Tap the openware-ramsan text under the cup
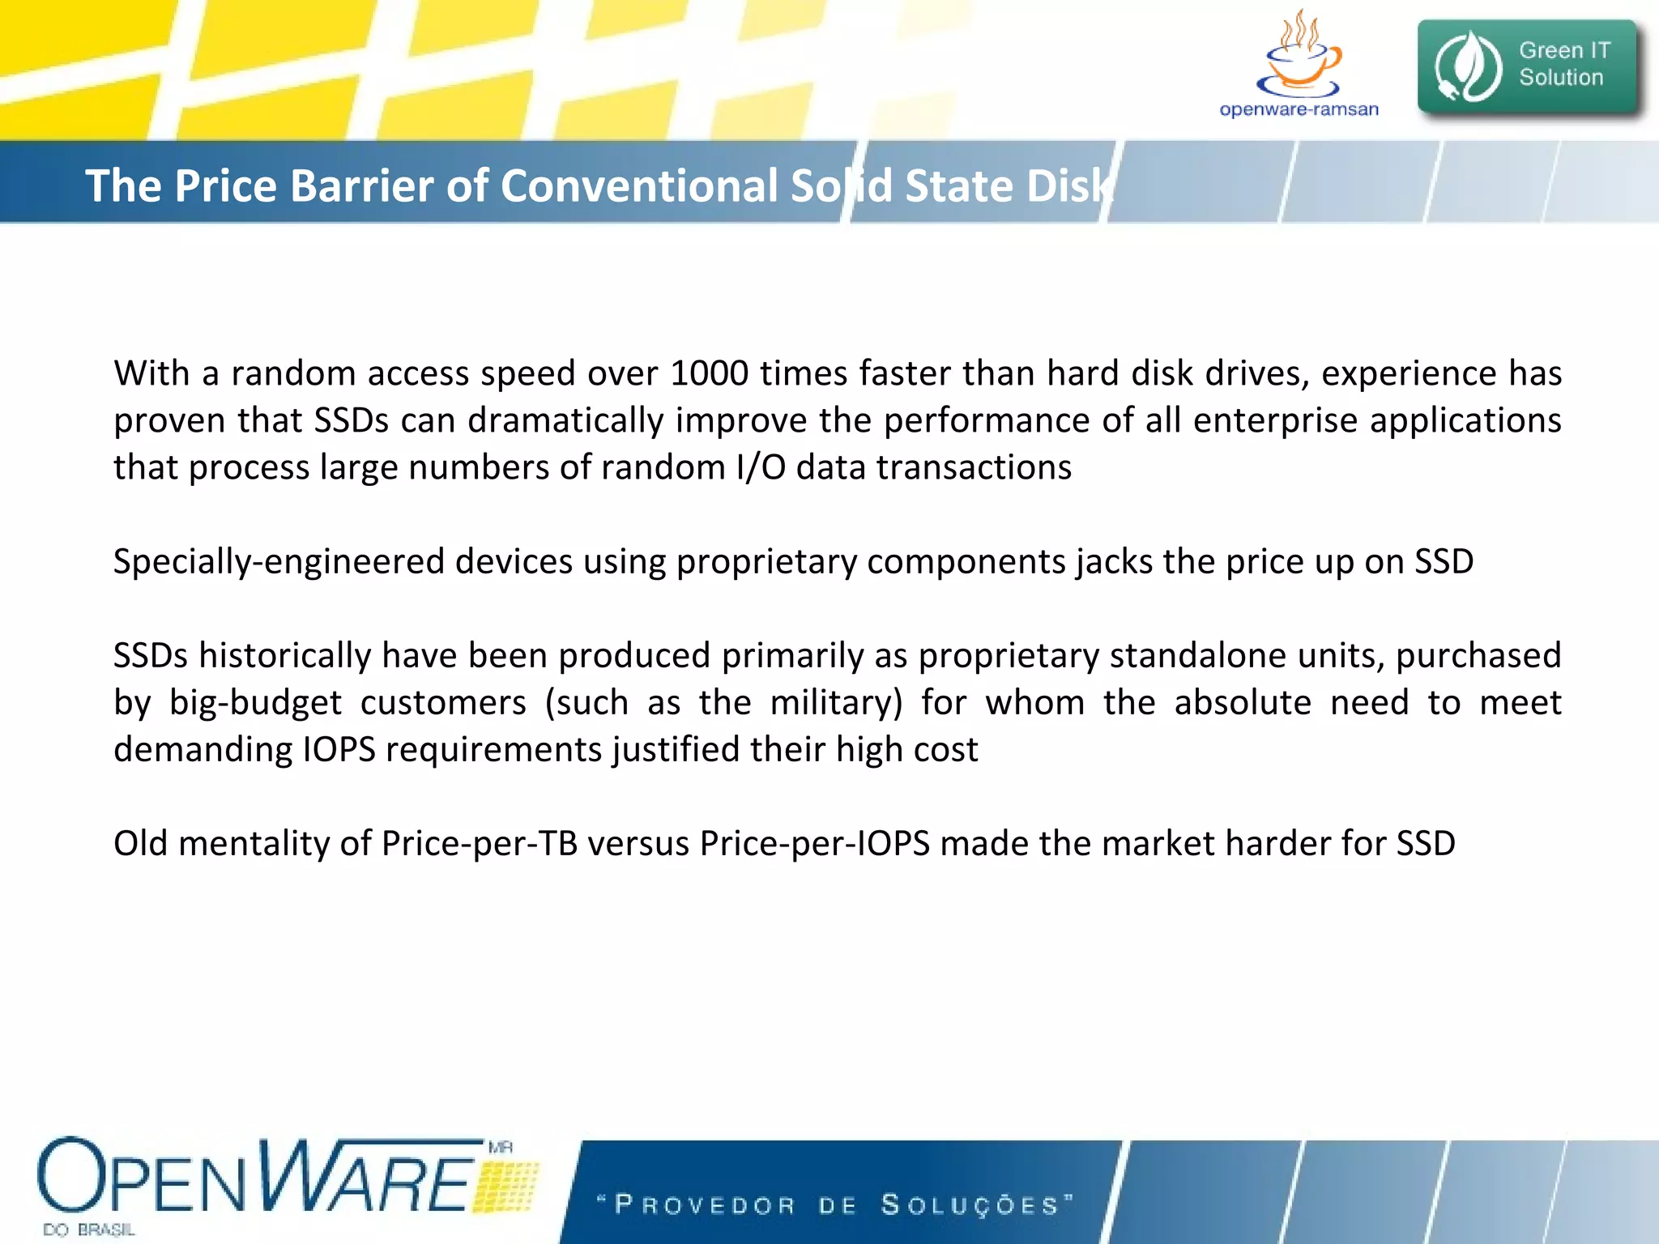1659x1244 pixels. [x=1299, y=109]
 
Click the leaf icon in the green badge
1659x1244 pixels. [x=1468, y=66]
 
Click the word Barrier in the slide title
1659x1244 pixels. [x=360, y=185]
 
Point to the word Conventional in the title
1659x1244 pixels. [x=639, y=185]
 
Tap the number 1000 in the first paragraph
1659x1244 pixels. [x=709, y=373]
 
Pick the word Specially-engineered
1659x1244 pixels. [x=279, y=562]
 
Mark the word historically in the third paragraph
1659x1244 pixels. [x=284, y=655]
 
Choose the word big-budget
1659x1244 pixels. [x=255, y=702]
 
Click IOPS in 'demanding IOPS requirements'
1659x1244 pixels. [x=339, y=749]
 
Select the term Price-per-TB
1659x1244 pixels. [x=479, y=844]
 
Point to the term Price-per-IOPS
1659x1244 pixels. [x=815, y=844]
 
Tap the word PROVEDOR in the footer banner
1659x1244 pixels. [x=705, y=1205]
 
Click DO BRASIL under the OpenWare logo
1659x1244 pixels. [x=89, y=1229]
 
